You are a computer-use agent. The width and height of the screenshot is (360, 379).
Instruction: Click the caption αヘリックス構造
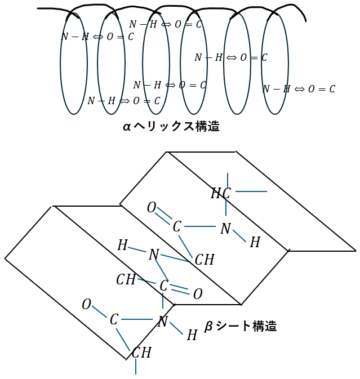click(x=171, y=127)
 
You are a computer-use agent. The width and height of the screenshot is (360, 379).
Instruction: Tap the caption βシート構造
click(x=241, y=326)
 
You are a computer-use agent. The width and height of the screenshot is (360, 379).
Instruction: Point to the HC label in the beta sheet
click(x=221, y=194)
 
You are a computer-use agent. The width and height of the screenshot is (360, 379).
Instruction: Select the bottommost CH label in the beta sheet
click(x=141, y=353)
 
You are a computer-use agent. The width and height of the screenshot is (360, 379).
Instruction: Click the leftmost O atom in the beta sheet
click(x=86, y=305)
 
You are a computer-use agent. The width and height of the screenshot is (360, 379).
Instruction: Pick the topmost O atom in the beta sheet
click(x=151, y=208)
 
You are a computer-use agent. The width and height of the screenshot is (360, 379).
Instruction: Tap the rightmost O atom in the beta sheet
click(x=198, y=294)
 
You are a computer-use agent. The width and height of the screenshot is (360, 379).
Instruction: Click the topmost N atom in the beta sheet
click(x=225, y=229)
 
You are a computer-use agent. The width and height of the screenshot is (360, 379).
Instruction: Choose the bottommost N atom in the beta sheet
click(x=163, y=322)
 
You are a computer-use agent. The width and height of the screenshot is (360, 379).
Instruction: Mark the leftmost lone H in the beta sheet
click(x=122, y=246)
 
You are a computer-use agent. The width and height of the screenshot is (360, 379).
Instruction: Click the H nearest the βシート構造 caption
click(x=192, y=336)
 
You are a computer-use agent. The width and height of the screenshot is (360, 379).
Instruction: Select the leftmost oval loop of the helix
click(x=74, y=63)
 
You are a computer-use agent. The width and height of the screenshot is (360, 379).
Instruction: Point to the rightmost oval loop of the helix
click(x=275, y=63)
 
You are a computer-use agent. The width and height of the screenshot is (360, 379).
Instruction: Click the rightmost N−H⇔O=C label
click(x=299, y=89)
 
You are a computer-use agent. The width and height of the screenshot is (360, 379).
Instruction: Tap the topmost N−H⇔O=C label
click(x=165, y=24)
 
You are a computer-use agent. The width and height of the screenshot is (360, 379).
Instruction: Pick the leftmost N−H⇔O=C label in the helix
click(x=97, y=37)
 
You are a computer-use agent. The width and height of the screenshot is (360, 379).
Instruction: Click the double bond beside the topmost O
click(x=163, y=213)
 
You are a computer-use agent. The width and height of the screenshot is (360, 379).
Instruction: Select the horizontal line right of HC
click(x=251, y=191)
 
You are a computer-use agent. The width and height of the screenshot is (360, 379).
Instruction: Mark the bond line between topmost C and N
click(x=200, y=226)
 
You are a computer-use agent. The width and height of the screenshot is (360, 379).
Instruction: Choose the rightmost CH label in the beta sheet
click(x=205, y=260)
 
